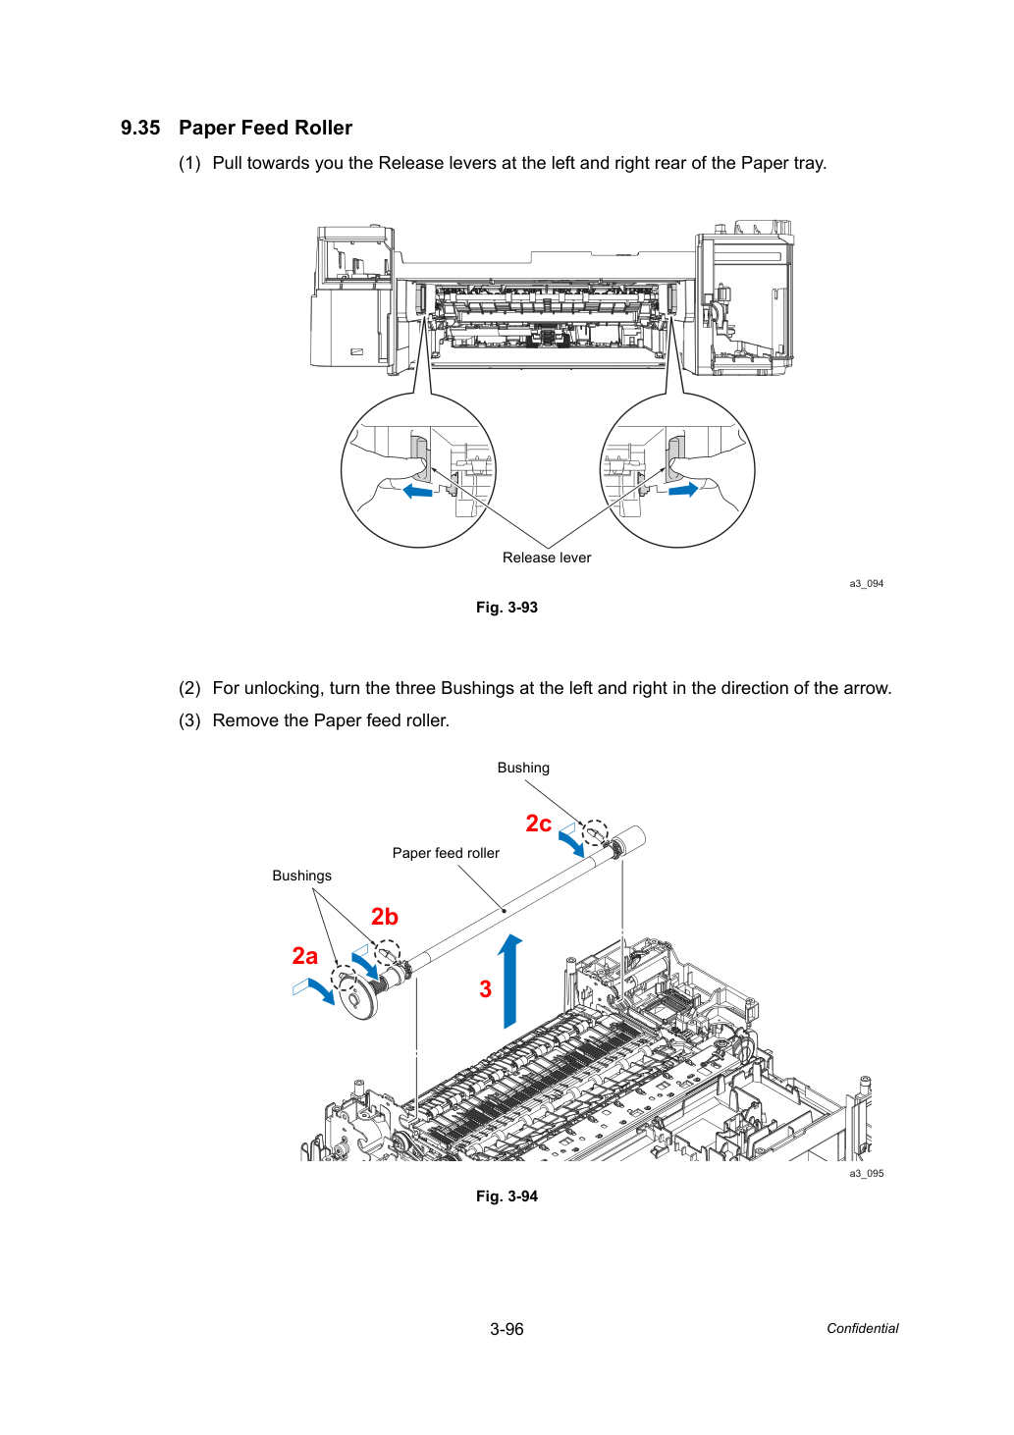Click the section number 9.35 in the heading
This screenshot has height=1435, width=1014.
pyautogui.click(x=140, y=128)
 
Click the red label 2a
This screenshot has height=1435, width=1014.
pyautogui.click(x=305, y=956)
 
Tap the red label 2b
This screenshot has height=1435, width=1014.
pyautogui.click(x=385, y=917)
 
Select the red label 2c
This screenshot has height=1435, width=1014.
pyautogui.click(x=538, y=824)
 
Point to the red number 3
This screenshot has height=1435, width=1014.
pyautogui.click(x=486, y=989)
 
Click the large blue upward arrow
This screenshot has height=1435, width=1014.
pyautogui.click(x=509, y=981)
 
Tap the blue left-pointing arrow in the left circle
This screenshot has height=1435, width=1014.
pyautogui.click(x=417, y=492)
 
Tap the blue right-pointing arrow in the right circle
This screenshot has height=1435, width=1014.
pyautogui.click(x=683, y=490)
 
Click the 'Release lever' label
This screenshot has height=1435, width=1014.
pyautogui.click(x=547, y=558)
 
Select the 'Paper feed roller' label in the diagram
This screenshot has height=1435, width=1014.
pyautogui.click(x=446, y=853)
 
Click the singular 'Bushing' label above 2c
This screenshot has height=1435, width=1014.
pyautogui.click(x=523, y=768)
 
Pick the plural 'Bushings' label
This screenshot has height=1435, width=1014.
pyautogui.click(x=301, y=876)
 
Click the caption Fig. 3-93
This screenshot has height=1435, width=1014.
pyautogui.click(x=507, y=608)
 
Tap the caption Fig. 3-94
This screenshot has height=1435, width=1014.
pyautogui.click(x=507, y=1196)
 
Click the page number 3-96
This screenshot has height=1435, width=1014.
pyautogui.click(x=507, y=1329)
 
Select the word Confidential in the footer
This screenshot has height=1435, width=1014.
pyautogui.click(x=862, y=1329)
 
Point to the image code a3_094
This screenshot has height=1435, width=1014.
pyautogui.click(x=867, y=584)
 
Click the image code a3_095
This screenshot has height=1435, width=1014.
pyautogui.click(x=867, y=1174)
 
